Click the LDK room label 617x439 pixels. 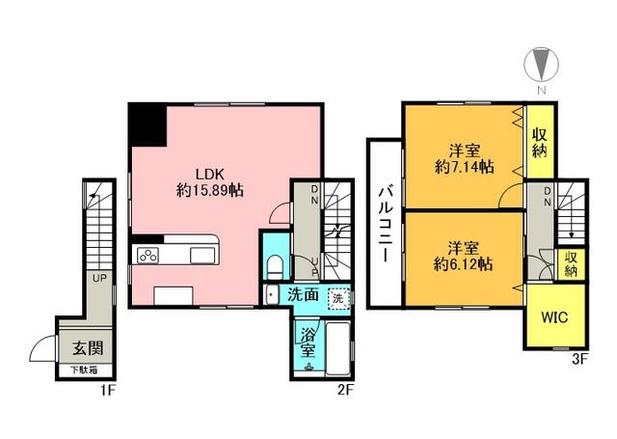(210, 174)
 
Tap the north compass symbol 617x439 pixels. (542, 65)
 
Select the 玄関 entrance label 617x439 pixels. (88, 348)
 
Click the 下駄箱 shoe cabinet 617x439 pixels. (85, 370)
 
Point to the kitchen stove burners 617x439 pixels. (148, 255)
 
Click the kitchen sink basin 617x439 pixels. (202, 255)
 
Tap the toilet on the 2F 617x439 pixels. (275, 267)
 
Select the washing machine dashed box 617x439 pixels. (338, 298)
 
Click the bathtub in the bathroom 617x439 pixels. (338, 349)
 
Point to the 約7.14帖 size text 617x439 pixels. (465, 167)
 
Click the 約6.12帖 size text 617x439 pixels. (463, 264)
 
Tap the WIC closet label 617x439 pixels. (554, 316)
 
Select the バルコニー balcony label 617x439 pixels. (385, 225)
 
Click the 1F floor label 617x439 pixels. (108, 391)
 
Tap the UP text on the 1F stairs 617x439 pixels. (99, 278)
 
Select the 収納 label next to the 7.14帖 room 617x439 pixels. (540, 143)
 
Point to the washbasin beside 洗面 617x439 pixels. (272, 295)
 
